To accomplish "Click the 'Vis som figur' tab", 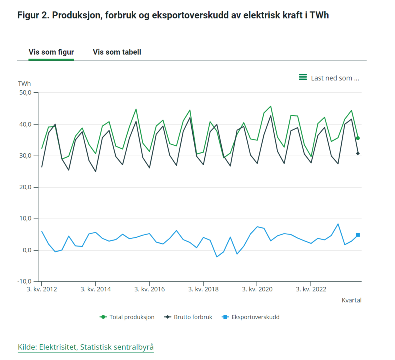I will tap(51, 52).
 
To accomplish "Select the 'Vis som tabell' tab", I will tap(117, 52).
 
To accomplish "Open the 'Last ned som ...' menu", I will tap(335, 78).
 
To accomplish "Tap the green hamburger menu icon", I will tap(303, 77).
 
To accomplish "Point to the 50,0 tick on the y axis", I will tap(25, 93).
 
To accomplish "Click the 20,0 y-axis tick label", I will tap(25, 187).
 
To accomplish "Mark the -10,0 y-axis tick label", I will tap(24, 282).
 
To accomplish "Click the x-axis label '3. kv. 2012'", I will tap(41, 289).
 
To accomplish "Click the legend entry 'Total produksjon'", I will tap(131, 317).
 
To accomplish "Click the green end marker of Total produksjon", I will tap(358, 138).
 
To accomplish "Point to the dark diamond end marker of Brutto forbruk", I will tap(358, 153).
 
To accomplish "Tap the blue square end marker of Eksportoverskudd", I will tap(358, 235).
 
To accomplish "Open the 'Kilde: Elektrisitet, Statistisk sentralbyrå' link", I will tap(86, 347).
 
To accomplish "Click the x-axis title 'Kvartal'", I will tap(351, 300).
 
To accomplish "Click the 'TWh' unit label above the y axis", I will tap(24, 84).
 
